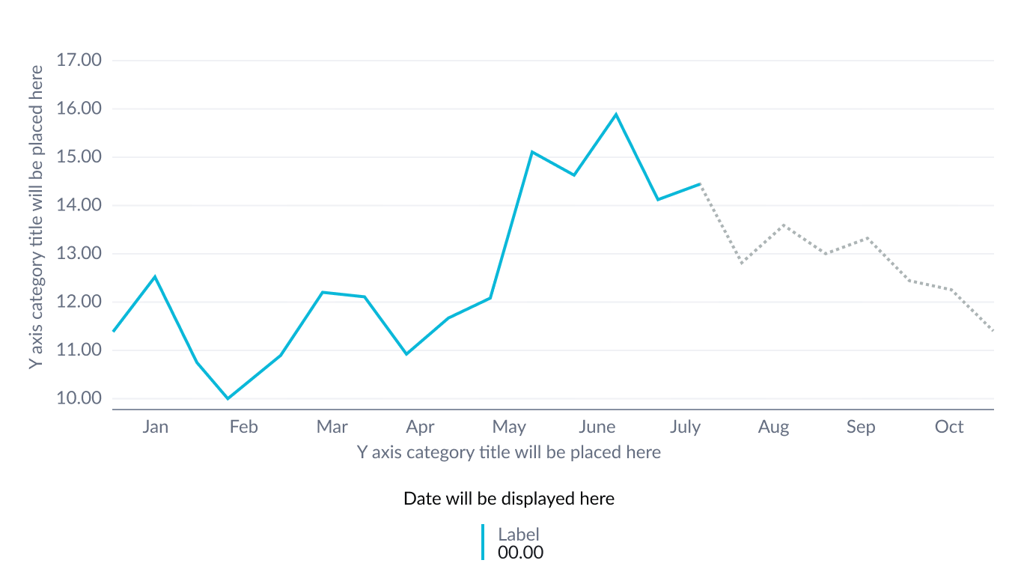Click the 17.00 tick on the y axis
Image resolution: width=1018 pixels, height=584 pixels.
point(79,60)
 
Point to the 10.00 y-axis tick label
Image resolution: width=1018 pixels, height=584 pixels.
point(79,398)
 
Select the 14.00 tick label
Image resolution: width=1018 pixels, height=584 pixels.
point(79,205)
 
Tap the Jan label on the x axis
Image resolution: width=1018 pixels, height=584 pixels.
point(155,427)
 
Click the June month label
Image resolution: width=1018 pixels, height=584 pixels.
point(597,427)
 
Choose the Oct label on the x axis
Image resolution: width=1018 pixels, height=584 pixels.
point(949,427)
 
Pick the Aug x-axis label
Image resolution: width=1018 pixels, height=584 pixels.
point(773,427)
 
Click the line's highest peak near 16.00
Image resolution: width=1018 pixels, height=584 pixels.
point(616,114)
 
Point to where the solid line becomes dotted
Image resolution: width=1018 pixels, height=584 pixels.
point(701,183)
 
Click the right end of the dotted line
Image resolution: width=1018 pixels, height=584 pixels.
point(993,330)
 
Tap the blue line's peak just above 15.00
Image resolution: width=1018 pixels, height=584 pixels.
point(531,152)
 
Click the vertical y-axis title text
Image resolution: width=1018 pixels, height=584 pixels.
point(36,216)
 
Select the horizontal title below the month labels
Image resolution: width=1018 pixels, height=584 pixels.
point(508,452)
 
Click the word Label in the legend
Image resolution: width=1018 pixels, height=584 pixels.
point(519,534)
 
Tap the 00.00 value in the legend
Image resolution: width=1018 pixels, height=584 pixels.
point(520,553)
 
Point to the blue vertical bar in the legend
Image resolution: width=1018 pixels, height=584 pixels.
point(483,542)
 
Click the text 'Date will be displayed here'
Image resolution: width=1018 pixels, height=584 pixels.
point(509,499)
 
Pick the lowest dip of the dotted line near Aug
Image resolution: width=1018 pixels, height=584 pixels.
point(742,263)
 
